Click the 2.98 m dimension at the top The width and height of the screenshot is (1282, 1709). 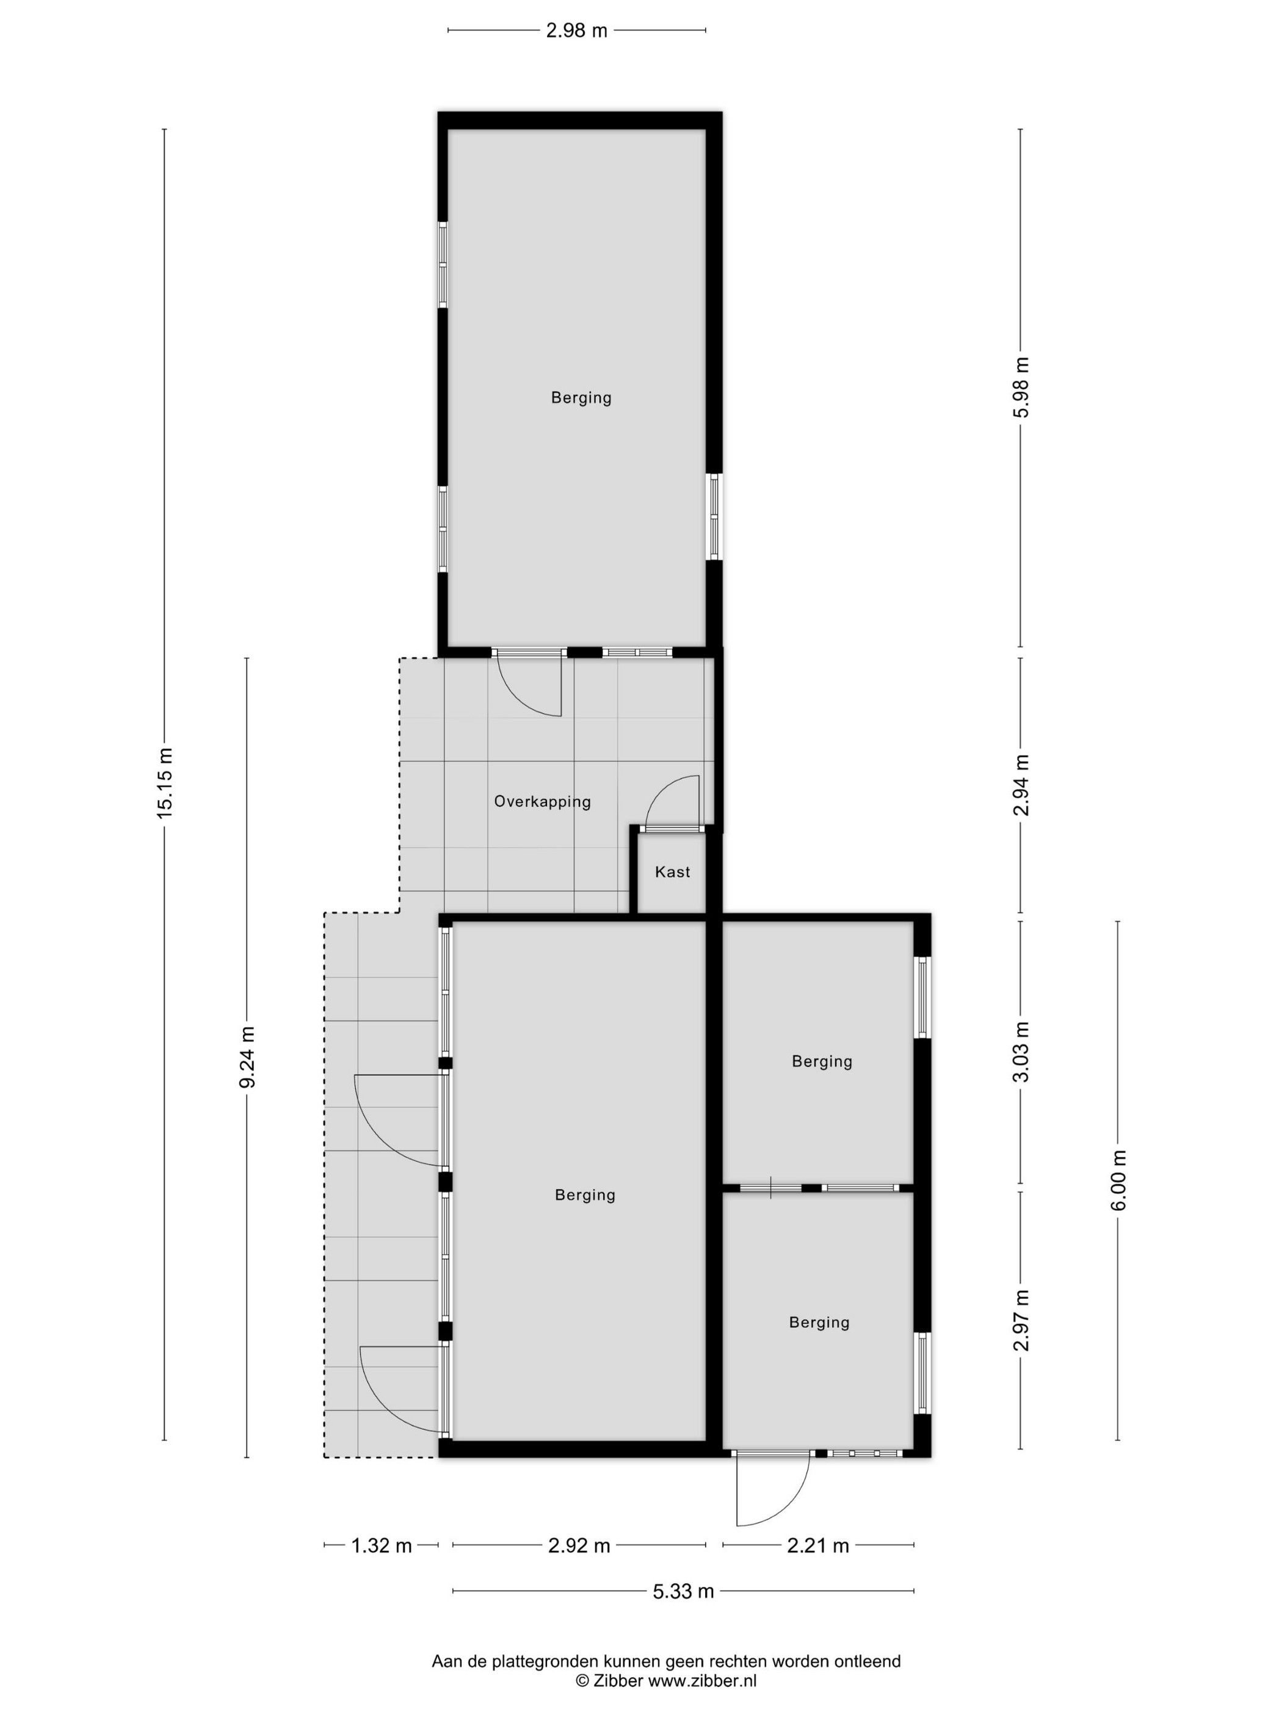[576, 31]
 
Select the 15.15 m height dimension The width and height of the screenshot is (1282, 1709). [165, 782]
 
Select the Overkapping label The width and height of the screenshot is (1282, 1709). [543, 802]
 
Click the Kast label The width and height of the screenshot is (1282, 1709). [672, 872]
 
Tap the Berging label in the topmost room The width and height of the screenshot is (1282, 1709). [581, 398]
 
